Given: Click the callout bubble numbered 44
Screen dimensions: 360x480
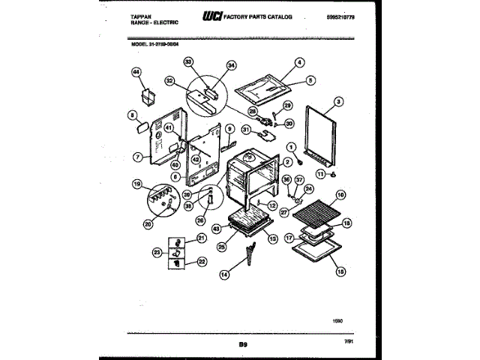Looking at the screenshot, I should (x=136, y=72).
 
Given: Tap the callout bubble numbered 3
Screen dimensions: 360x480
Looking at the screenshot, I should (x=339, y=101).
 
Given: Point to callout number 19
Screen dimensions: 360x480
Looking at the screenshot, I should (x=137, y=184).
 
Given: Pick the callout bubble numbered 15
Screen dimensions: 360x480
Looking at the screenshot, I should (x=340, y=272).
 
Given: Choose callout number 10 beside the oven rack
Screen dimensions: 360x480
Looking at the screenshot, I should (x=341, y=196).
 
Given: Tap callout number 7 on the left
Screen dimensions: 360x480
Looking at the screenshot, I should (x=137, y=158).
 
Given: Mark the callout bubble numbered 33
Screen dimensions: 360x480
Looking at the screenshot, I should (x=188, y=62).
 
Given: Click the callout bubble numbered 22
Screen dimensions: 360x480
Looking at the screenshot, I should (x=202, y=262).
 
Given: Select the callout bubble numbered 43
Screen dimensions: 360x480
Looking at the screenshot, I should (x=216, y=228).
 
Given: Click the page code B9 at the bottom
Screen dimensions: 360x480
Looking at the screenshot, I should (x=243, y=344).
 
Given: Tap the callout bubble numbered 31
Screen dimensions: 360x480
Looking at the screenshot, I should (x=245, y=130).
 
